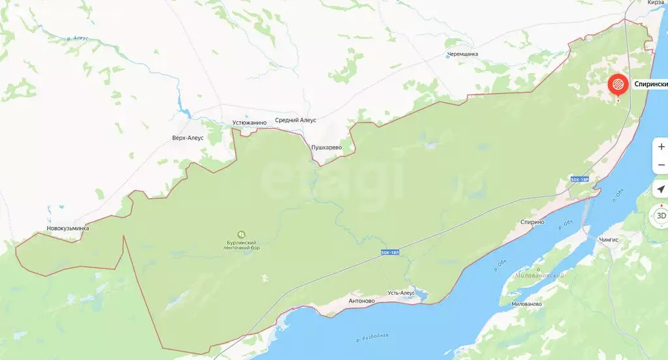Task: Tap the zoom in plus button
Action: coord(661,147)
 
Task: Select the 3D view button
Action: coord(660,215)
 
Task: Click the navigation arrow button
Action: coord(661,190)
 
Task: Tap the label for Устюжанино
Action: coord(250,122)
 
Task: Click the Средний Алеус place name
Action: coord(296,120)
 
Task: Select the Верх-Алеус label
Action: coord(188,138)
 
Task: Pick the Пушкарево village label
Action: coord(326,147)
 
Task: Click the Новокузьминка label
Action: coord(68,228)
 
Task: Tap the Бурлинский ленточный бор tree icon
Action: coord(242,233)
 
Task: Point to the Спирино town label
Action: coord(532,222)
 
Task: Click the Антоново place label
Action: coord(361,301)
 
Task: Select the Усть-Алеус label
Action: coord(402,293)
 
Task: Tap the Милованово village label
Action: coord(526,304)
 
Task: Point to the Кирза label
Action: coord(656,3)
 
